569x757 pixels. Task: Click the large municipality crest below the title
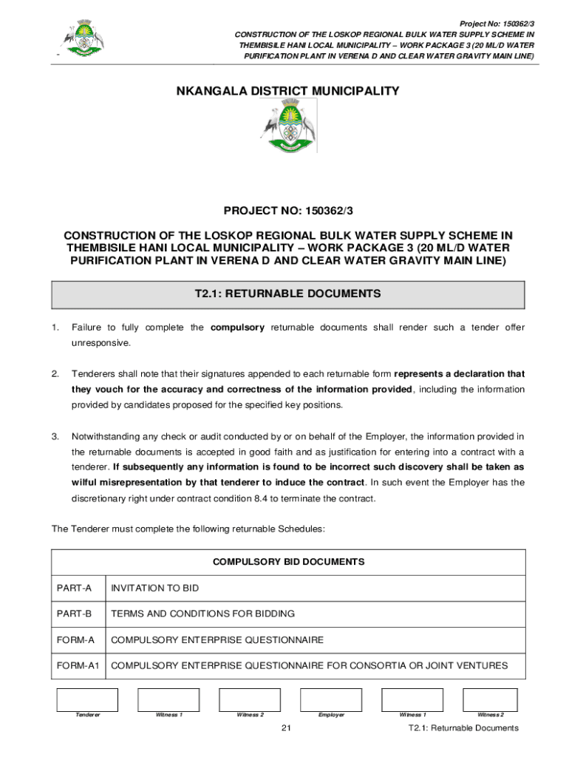(287, 127)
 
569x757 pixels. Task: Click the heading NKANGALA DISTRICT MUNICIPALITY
(287, 92)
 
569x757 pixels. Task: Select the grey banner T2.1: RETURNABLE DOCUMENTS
(287, 294)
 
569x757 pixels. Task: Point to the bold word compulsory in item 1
(237, 327)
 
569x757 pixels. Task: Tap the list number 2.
(55, 374)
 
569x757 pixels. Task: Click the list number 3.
(55, 436)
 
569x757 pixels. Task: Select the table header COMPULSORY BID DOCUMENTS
(288, 562)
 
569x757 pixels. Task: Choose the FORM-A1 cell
(78, 665)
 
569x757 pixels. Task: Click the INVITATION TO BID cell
(154, 588)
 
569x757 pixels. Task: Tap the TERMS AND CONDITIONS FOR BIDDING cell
(202, 614)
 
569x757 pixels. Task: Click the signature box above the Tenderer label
(87, 699)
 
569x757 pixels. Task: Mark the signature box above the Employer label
(330, 699)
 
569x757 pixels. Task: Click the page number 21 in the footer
(287, 728)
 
